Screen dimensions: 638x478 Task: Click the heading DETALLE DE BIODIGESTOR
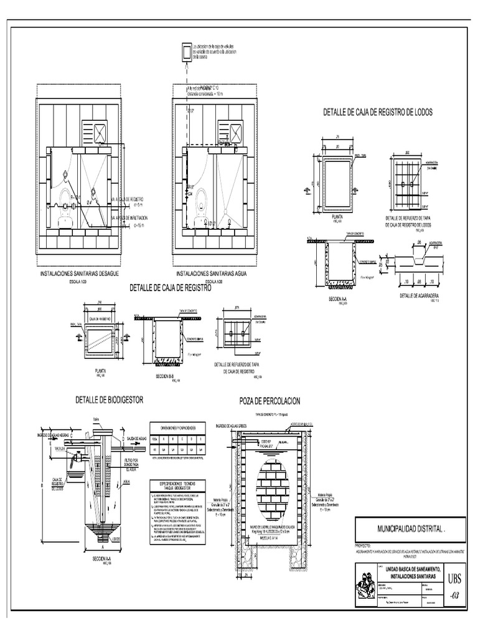(108, 399)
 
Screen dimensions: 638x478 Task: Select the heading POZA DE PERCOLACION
(269, 401)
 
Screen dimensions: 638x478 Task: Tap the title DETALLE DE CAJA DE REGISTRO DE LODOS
(377, 113)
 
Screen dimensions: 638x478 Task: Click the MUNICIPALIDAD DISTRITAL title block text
(410, 528)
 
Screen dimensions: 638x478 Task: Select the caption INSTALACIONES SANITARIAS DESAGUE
(79, 274)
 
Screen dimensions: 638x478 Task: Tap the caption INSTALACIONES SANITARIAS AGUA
(213, 274)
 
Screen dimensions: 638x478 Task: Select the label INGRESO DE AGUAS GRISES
(239, 426)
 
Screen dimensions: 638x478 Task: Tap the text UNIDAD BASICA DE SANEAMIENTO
(413, 570)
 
